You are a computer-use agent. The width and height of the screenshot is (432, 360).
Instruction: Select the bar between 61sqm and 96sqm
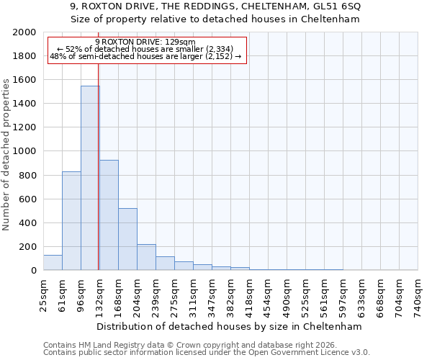click(71, 220)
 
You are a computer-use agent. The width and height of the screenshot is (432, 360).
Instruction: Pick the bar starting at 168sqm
click(127, 239)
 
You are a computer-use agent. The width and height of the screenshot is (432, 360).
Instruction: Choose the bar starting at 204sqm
click(146, 257)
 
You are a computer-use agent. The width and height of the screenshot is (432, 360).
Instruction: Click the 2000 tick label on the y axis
click(24, 33)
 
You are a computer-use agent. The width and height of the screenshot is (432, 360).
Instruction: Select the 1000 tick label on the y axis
click(24, 152)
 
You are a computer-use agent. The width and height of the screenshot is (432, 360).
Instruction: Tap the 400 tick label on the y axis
click(27, 223)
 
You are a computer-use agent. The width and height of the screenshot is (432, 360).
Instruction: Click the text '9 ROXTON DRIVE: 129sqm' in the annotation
click(145, 42)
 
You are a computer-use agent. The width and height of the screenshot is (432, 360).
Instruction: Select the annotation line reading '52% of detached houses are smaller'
click(144, 49)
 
